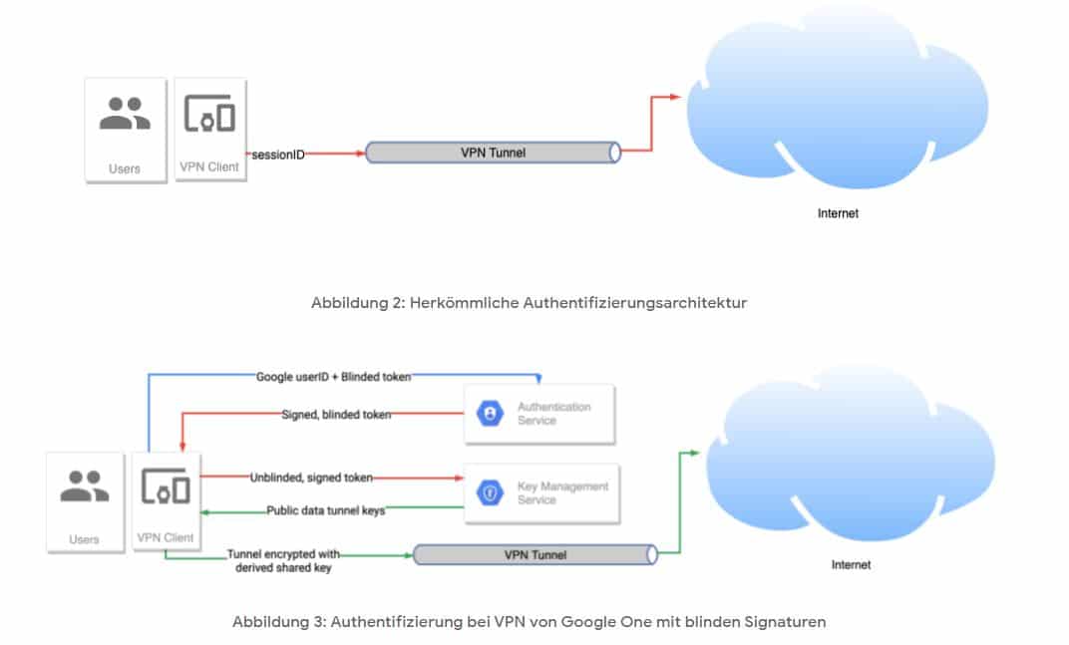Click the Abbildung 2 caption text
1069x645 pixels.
pos(529,303)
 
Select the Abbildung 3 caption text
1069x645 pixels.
pos(529,622)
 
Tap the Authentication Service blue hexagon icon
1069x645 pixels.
pos(491,414)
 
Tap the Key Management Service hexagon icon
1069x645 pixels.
pos(490,492)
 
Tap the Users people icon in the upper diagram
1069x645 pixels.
pos(125,115)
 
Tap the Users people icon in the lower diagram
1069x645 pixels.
pos(85,486)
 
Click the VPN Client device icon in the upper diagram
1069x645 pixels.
pos(209,116)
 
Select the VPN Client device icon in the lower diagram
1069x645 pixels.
pos(168,486)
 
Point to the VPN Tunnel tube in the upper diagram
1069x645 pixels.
pos(493,153)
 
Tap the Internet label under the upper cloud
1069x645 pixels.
pos(838,213)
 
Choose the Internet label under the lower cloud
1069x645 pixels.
pos(851,565)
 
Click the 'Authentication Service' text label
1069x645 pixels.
pos(553,414)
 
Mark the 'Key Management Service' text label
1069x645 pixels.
pos(561,492)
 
